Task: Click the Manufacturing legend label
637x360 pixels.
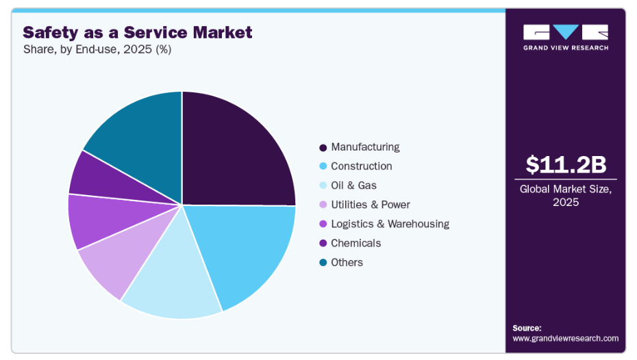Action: click(x=365, y=147)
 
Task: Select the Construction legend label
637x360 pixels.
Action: click(x=361, y=166)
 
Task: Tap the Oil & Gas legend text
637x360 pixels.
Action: click(x=353, y=185)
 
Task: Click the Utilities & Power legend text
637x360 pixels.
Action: click(x=370, y=205)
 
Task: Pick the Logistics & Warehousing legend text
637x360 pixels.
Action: click(x=390, y=224)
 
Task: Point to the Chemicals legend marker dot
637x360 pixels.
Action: click(x=323, y=244)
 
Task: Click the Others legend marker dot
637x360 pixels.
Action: click(x=323, y=263)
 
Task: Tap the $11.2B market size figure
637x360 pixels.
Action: click(x=566, y=165)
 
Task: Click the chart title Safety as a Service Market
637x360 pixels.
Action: click(x=138, y=32)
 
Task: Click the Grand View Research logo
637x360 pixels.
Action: click(x=565, y=36)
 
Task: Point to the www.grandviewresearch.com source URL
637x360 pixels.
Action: click(x=565, y=338)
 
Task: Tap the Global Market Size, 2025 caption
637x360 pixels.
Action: click(x=565, y=196)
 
